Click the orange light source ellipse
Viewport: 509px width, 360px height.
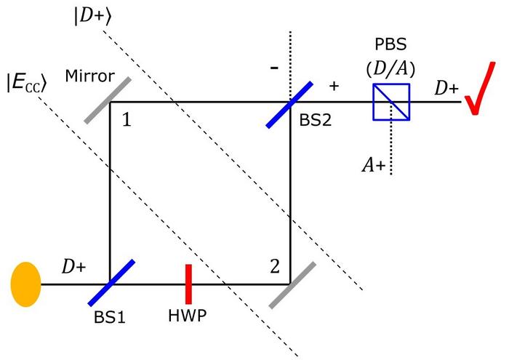click(25, 283)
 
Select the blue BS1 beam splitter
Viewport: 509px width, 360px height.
click(109, 283)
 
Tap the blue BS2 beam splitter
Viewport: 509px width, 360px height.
click(289, 102)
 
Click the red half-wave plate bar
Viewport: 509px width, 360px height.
click(188, 283)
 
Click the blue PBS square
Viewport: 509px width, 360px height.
click(391, 102)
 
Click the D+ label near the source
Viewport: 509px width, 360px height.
click(73, 268)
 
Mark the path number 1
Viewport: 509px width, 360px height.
click(127, 121)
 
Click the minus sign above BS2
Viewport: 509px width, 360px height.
click(274, 67)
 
